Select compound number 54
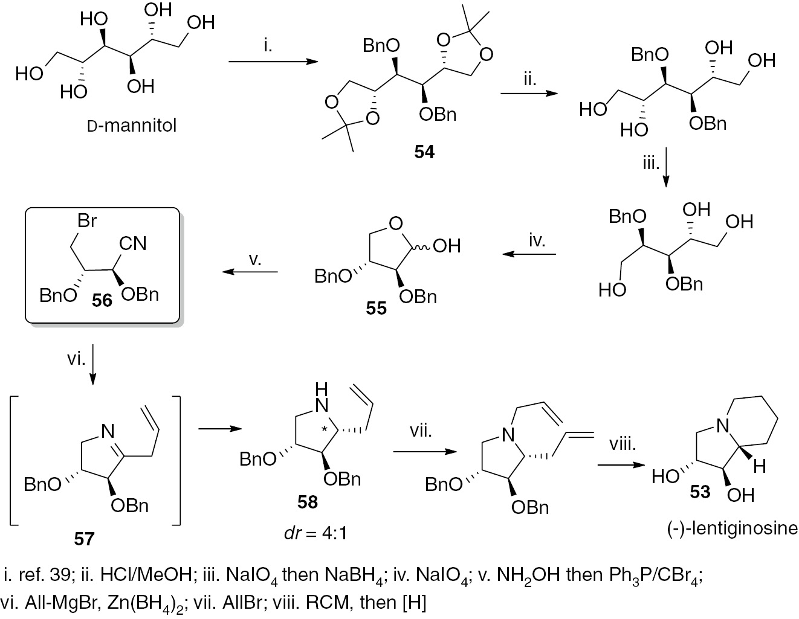424,152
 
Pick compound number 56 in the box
102,299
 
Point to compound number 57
84,537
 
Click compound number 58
307,501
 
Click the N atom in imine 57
107,431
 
